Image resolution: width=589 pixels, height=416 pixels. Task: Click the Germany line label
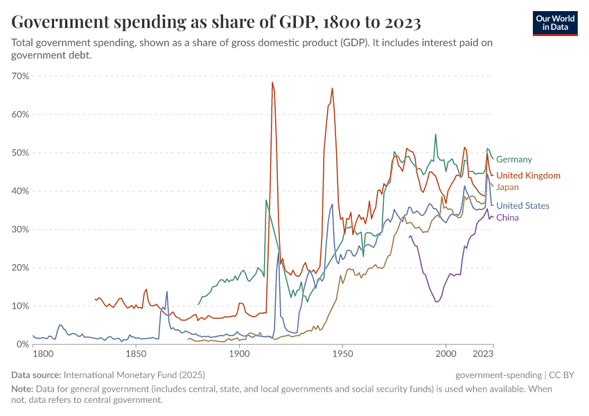(x=514, y=159)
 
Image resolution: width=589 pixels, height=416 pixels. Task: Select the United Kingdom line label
(x=528, y=175)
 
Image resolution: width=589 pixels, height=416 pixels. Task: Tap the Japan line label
(x=507, y=187)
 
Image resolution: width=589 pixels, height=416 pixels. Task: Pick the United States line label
(x=522, y=206)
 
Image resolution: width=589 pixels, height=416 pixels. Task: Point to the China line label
(x=507, y=218)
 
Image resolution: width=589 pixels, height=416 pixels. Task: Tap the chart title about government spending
(x=216, y=22)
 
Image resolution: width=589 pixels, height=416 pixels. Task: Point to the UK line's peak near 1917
(x=272, y=83)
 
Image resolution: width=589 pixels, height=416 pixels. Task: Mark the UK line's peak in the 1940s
(x=333, y=88)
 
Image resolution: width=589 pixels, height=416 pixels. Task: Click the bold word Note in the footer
(x=21, y=389)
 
